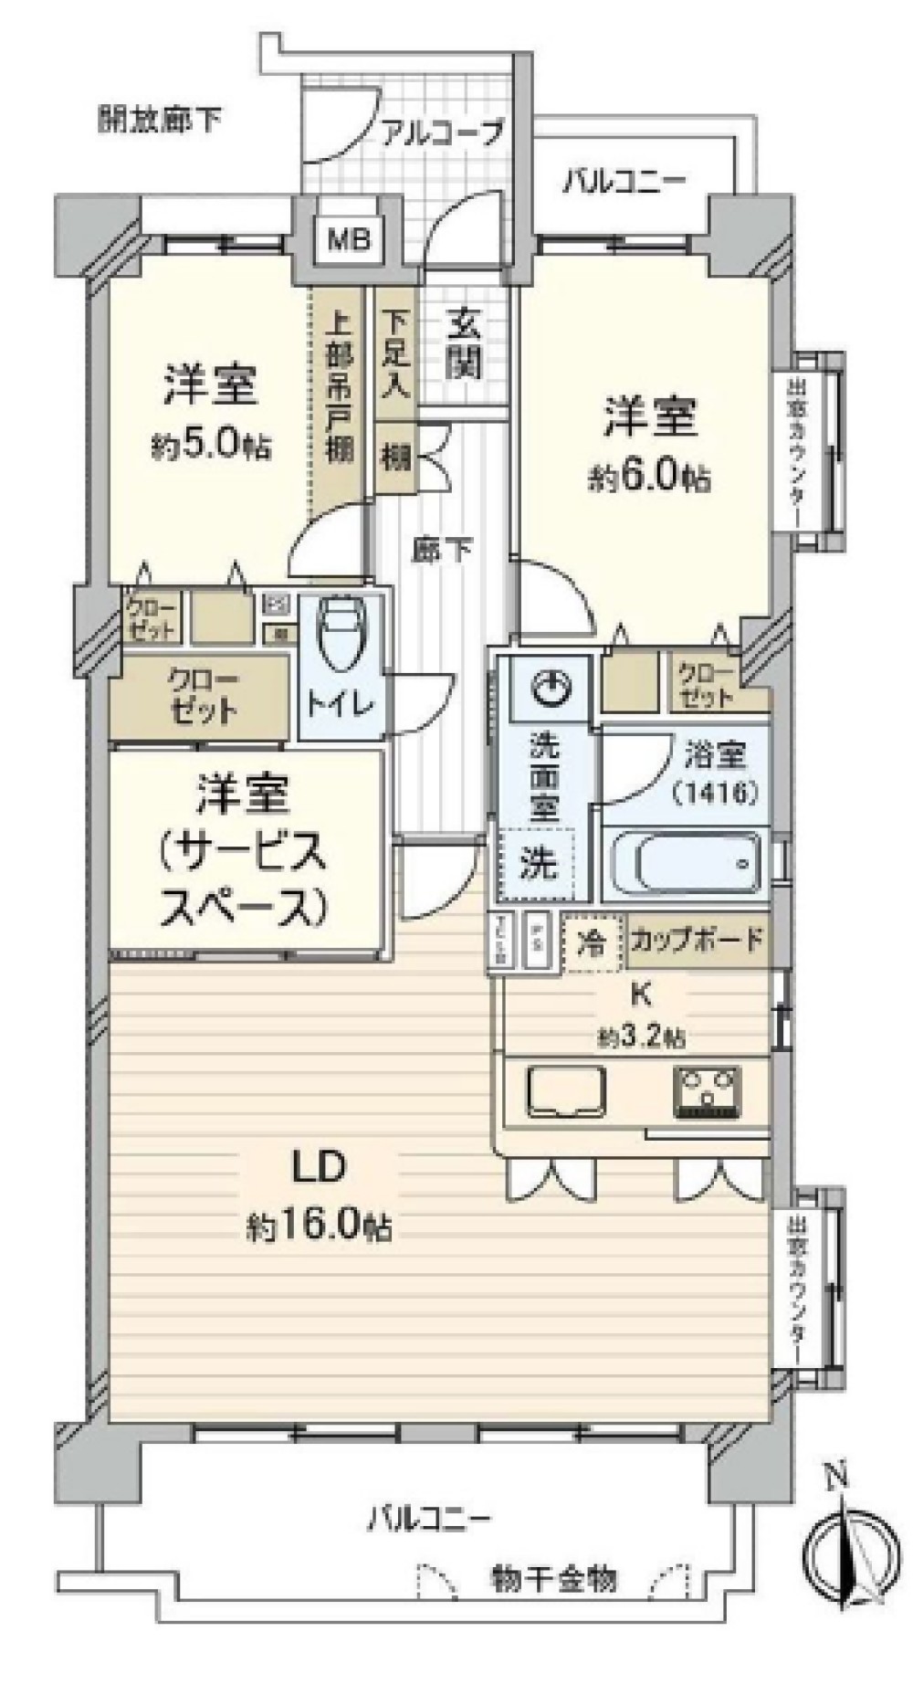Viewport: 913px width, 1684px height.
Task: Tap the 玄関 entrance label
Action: click(464, 344)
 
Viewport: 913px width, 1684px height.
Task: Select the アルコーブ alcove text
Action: click(442, 132)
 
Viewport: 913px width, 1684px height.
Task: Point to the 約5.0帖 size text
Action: click(210, 445)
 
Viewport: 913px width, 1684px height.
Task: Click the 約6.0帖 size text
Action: click(650, 478)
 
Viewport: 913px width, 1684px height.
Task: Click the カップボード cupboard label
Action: click(697, 941)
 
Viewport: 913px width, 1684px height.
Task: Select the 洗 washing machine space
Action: click(538, 863)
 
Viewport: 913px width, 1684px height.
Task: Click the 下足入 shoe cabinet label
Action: click(394, 353)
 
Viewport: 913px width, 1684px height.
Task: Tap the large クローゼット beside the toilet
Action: click(204, 696)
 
